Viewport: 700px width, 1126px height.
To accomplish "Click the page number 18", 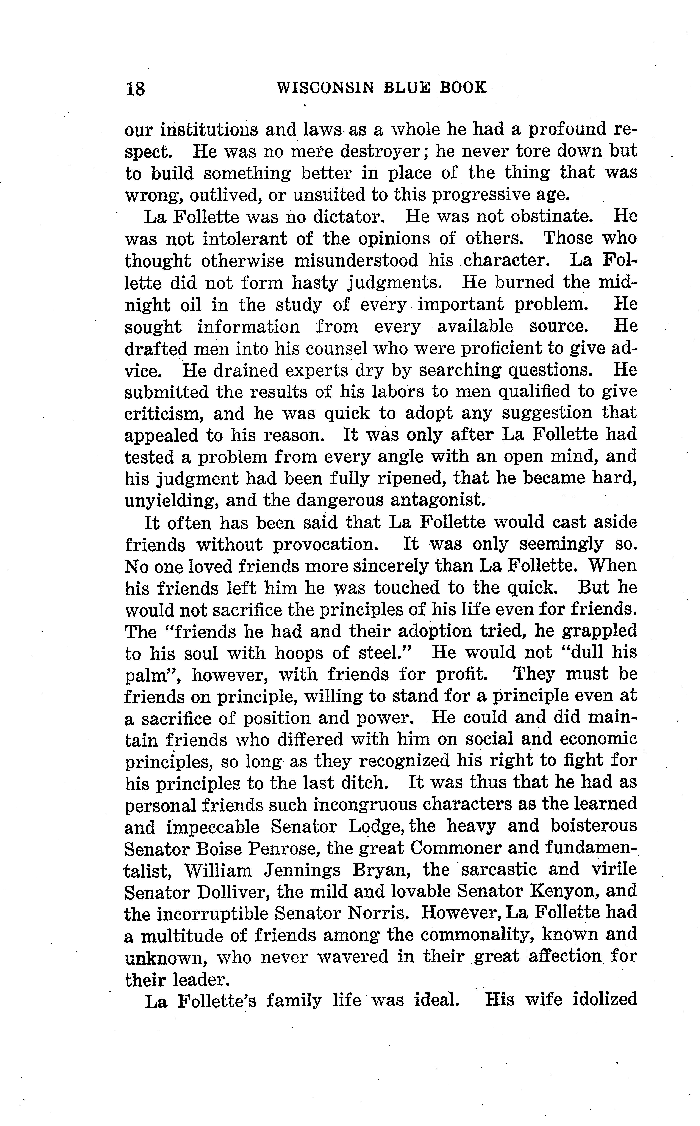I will pyautogui.click(x=135, y=88).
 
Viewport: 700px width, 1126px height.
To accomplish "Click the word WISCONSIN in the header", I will pyautogui.click(x=325, y=88).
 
